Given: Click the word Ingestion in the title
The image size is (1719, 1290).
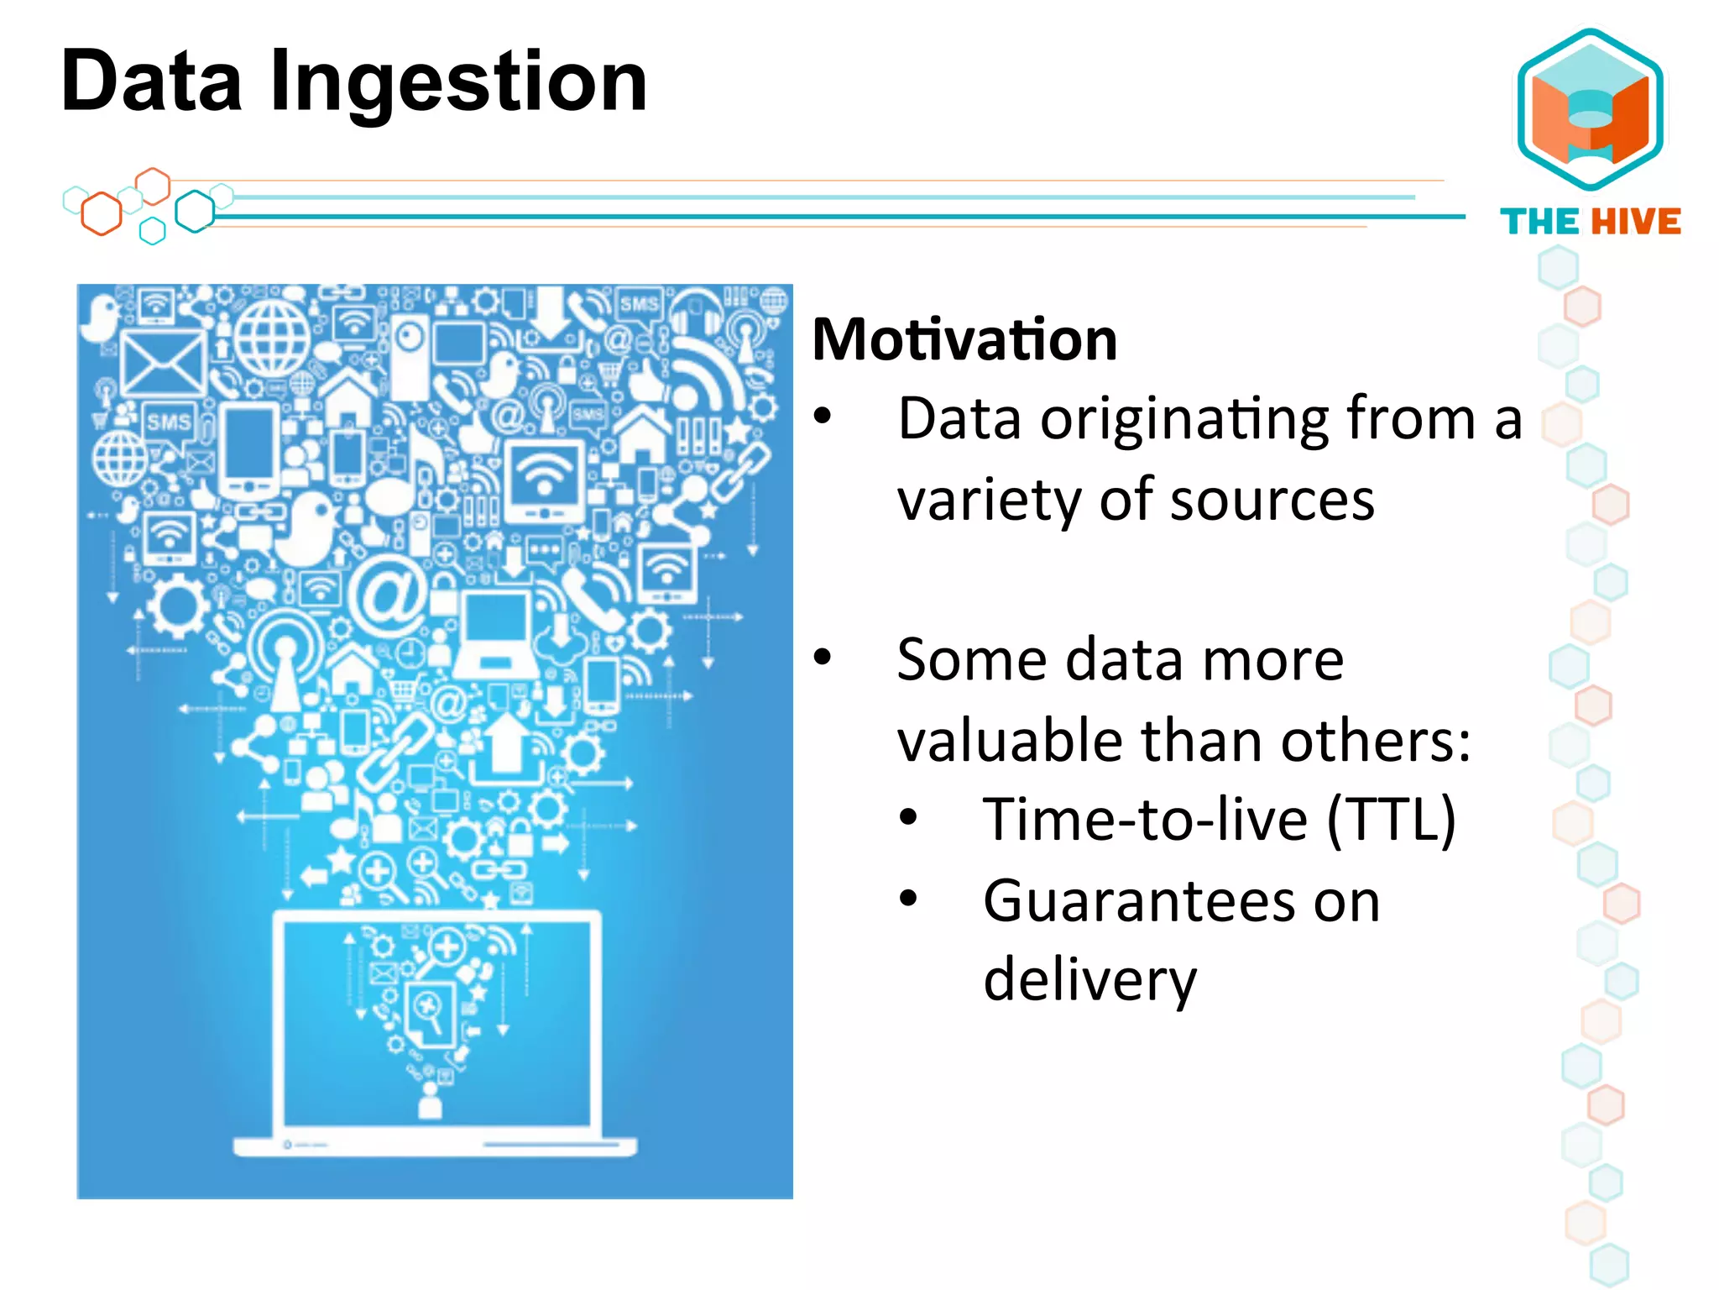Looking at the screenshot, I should point(458,81).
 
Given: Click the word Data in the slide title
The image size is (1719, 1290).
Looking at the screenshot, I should point(151,81).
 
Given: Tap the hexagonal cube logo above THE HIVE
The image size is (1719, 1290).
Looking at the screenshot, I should point(1591,109).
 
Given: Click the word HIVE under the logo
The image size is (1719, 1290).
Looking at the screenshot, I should point(1636,222).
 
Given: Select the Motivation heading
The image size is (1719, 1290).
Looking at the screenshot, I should point(964,339).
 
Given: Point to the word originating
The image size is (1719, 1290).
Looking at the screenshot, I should point(1186,418).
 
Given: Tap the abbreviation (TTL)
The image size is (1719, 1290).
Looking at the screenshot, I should point(1391,819).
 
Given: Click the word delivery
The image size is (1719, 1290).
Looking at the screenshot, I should point(1089,980).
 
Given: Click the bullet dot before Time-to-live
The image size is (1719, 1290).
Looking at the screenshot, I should point(908,818).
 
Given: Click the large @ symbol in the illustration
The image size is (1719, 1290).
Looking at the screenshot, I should point(389,595).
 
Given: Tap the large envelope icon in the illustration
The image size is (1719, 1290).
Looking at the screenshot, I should point(162,363).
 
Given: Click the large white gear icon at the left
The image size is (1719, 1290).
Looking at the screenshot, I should point(177,606).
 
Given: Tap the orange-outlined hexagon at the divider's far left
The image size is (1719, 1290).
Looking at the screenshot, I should point(102,213).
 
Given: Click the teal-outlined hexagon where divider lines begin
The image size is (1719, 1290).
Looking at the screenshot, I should point(195,212).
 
